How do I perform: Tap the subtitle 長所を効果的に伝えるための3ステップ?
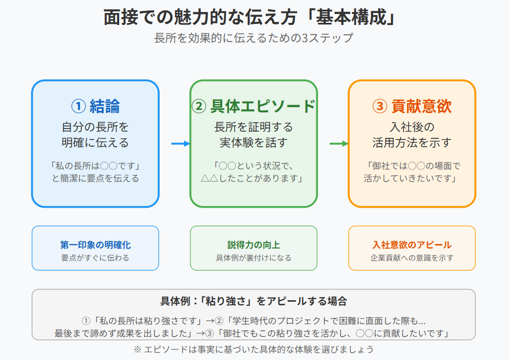click(253, 38)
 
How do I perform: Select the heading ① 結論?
click(95, 106)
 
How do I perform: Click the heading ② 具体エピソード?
click(253, 106)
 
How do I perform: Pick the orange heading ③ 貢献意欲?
click(412, 106)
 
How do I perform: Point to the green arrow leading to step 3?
click(339, 144)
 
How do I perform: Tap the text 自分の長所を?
click(95, 127)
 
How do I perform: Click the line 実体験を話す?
click(253, 142)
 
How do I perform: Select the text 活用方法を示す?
click(412, 142)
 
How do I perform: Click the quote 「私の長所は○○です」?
click(95, 166)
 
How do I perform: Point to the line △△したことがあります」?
click(253, 178)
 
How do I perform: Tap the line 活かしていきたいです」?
click(412, 178)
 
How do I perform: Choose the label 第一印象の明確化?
click(95, 245)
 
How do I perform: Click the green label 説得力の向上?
click(253, 245)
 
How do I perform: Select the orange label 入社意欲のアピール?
click(412, 245)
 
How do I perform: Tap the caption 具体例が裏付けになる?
click(253, 258)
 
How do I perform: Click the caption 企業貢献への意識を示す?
click(412, 258)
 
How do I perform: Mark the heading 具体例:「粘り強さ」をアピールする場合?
click(253, 301)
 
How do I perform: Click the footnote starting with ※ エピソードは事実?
click(253, 349)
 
